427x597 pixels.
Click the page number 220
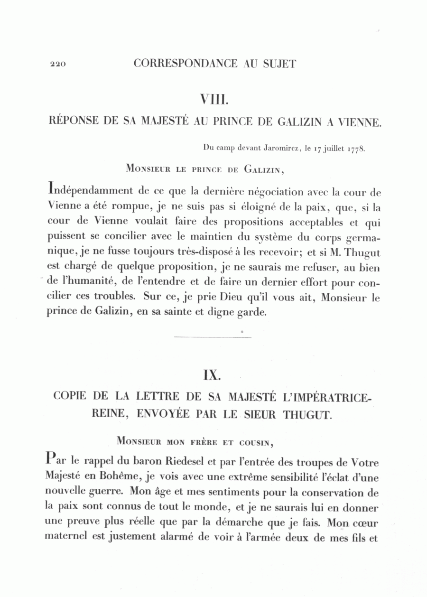coord(57,65)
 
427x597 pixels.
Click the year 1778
coord(355,148)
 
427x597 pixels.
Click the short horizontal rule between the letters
coord(213,337)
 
